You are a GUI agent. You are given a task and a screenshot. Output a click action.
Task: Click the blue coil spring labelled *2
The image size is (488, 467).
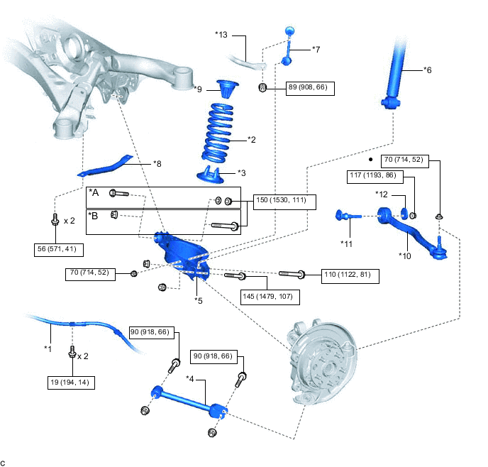pos(218,133)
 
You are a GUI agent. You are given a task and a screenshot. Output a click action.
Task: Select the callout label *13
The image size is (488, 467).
pos(221,35)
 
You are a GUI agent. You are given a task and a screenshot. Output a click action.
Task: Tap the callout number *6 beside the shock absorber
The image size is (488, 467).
pos(428,70)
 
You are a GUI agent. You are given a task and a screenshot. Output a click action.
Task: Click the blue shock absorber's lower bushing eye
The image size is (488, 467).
pos(392,102)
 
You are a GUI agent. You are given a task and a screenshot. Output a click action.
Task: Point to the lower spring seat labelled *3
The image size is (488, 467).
pos(211,175)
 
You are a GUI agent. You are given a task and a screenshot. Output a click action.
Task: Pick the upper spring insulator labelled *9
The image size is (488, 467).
pos(228,89)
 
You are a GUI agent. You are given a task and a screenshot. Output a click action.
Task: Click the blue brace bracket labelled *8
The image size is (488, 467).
pos(105,166)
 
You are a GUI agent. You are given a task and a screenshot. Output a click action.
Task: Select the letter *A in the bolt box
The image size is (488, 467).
pos(94,193)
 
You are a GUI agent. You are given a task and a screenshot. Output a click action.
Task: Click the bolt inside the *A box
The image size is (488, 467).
pos(119,193)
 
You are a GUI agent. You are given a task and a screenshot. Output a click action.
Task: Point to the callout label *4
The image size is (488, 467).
pos(190,378)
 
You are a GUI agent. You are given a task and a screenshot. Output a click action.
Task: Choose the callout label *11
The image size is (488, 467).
pos(346,243)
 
